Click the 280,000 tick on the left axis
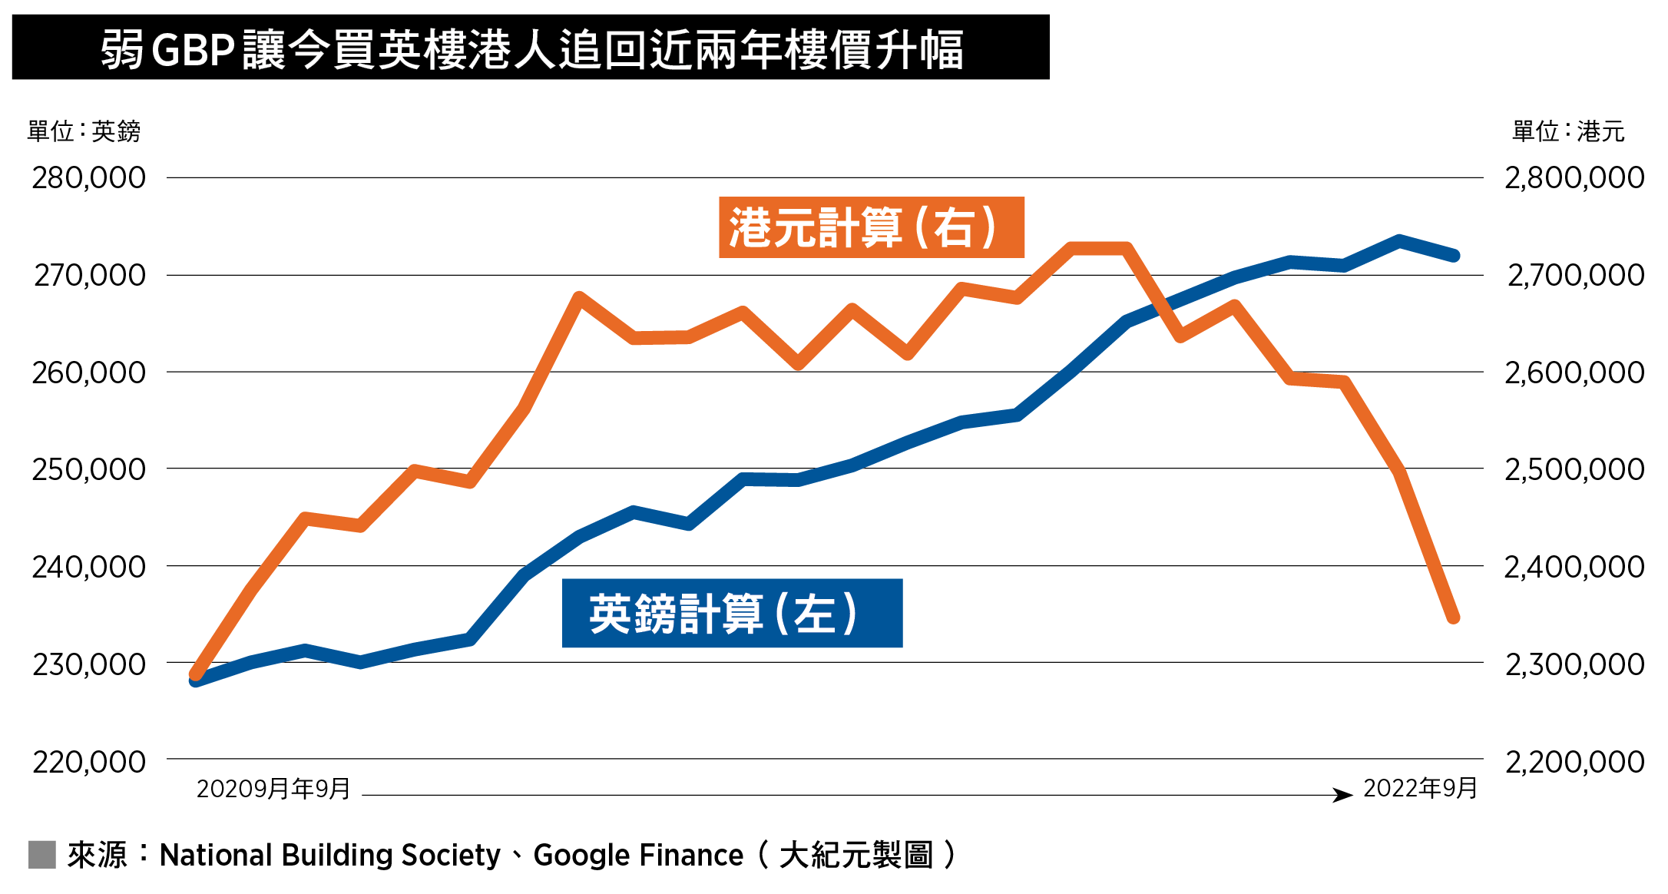pyautogui.click(x=88, y=178)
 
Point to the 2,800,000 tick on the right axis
pyautogui.click(x=1574, y=178)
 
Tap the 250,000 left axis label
pyautogui.click(x=88, y=469)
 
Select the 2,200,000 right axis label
pyautogui.click(x=1574, y=762)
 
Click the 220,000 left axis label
pyautogui.click(x=88, y=762)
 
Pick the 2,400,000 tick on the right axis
pyautogui.click(x=1574, y=567)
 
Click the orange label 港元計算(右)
pyautogui.click(x=871, y=227)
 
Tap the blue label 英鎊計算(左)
pyautogui.click(x=732, y=613)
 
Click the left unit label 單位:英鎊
pyautogui.click(x=84, y=131)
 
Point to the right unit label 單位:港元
pyautogui.click(x=1568, y=131)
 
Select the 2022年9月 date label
pyautogui.click(x=1420, y=788)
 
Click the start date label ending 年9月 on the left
pyautogui.click(x=273, y=789)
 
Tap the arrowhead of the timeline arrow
pyautogui.click(x=1343, y=795)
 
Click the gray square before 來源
pyautogui.click(x=42, y=855)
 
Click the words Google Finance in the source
pyautogui.click(x=638, y=855)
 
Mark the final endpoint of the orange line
pyautogui.click(x=1453, y=618)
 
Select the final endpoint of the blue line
pyautogui.click(x=1454, y=256)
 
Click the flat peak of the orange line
pyautogui.click(x=1099, y=248)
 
